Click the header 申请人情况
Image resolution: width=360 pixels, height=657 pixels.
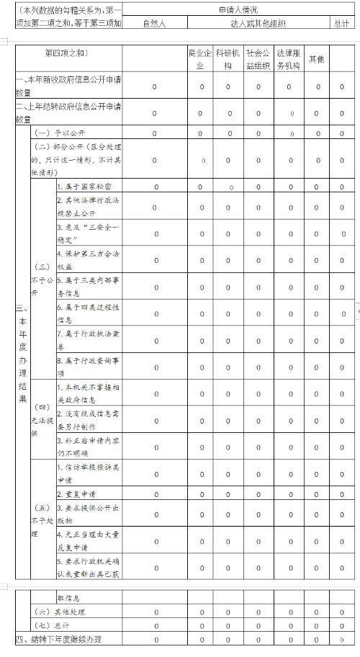coord(238,10)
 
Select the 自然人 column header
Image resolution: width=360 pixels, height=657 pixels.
coord(154,23)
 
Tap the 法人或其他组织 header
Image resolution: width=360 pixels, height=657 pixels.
coord(258,23)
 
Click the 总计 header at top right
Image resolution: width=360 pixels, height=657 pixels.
coord(342,23)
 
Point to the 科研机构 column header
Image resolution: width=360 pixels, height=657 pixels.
coord(228,59)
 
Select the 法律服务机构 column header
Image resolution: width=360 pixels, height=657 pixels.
coord(288,59)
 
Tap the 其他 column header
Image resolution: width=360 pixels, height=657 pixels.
coord(316,59)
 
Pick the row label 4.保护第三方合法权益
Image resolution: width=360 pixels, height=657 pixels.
coord(88,259)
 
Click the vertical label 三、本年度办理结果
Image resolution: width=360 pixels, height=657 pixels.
coord(22,353)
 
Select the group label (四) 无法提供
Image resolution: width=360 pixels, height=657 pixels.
coord(42,420)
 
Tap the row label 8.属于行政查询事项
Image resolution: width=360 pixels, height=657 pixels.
coord(88,367)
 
